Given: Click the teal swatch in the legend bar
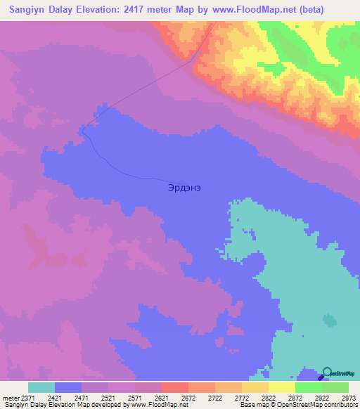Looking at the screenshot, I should [x=41, y=387].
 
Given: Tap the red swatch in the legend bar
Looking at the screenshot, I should [x=175, y=387].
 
